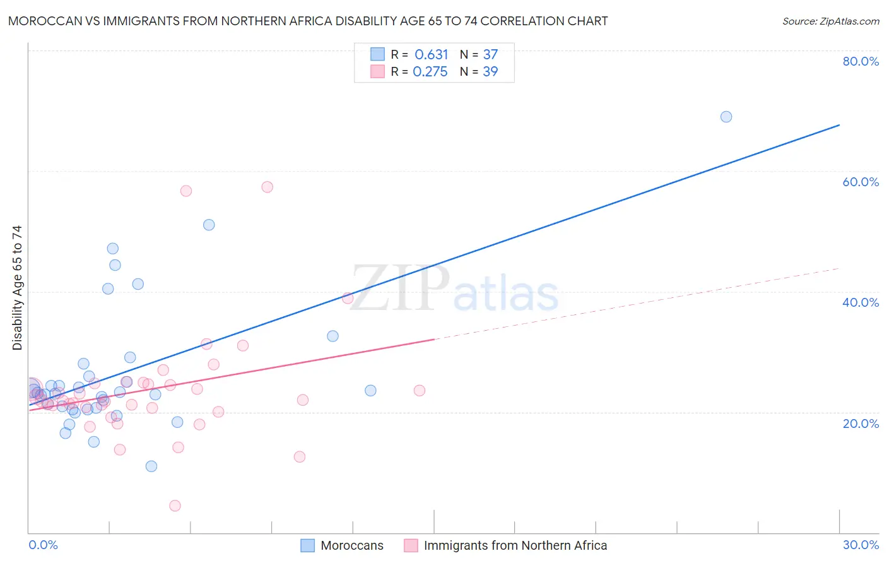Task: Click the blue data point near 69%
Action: [x=726, y=117]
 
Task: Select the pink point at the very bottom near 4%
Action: [x=175, y=506]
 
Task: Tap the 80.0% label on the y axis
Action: [x=861, y=61]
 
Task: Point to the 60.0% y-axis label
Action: [x=861, y=182]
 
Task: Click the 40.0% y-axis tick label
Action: [x=861, y=302]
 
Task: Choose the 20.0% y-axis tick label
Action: [x=861, y=424]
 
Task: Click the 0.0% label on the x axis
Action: [x=43, y=545]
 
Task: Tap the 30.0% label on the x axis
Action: [x=861, y=545]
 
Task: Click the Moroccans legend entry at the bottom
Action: [x=351, y=545]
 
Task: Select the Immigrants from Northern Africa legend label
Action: [x=515, y=545]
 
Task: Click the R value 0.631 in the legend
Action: [x=431, y=55]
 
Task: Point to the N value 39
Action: [x=490, y=72]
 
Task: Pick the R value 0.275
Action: [x=430, y=72]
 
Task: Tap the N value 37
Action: [x=490, y=55]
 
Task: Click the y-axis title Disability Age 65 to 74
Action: [x=17, y=288]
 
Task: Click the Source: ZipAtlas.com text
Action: [x=830, y=21]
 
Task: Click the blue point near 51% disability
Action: [x=209, y=225]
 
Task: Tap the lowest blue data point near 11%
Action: [x=151, y=466]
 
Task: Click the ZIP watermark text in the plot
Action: [x=400, y=288]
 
